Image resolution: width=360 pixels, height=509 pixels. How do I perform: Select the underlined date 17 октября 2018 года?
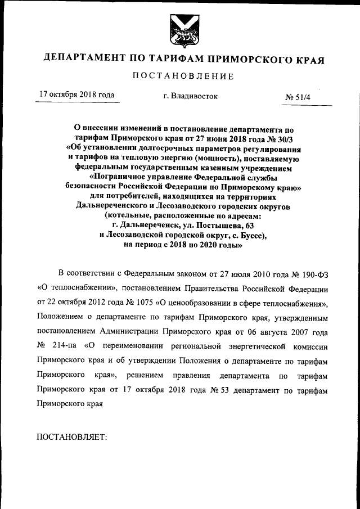77,95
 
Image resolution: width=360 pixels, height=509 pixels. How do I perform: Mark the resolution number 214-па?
66,346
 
